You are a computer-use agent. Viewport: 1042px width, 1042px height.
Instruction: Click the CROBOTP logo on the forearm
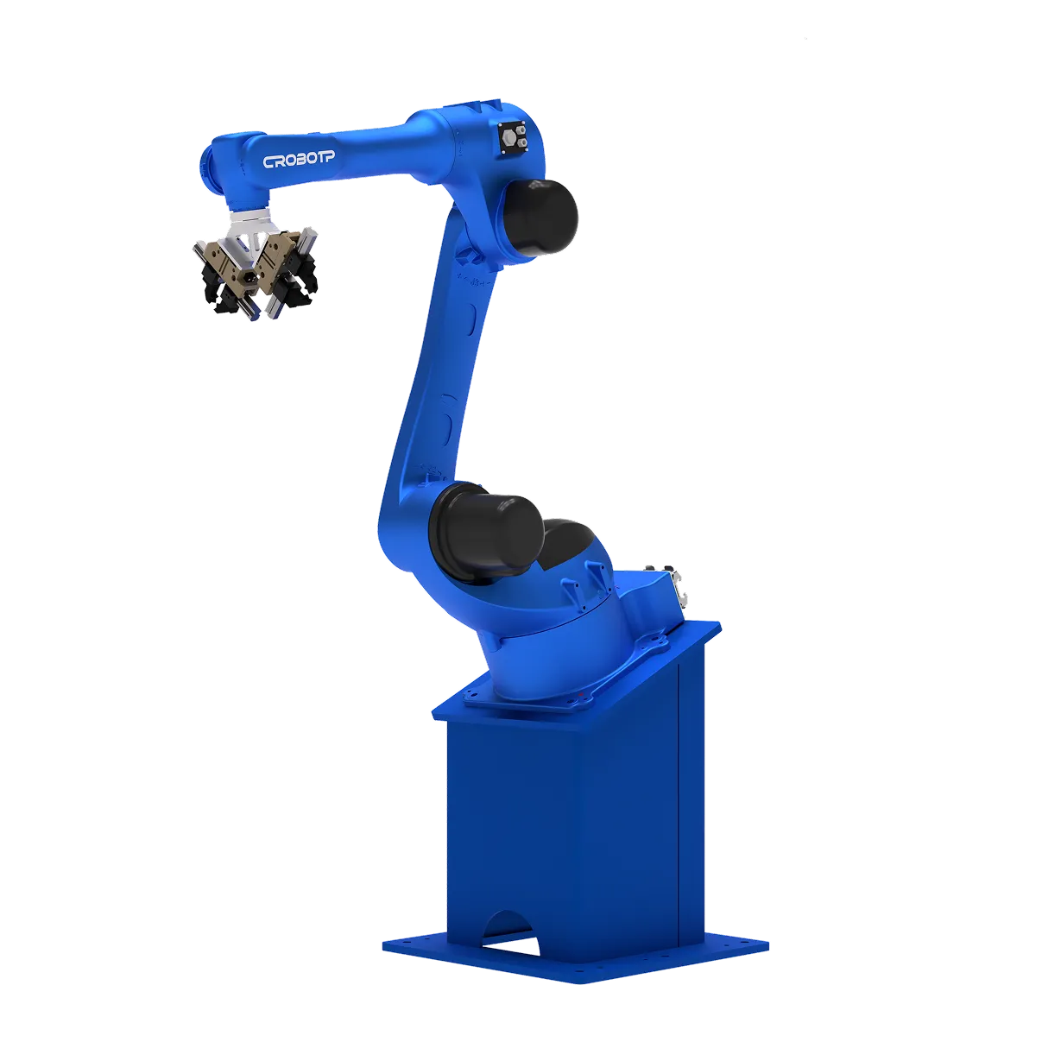(299, 160)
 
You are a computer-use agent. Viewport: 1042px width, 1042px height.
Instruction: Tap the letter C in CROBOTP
(268, 162)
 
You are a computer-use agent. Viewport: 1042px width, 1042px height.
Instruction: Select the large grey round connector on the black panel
(508, 138)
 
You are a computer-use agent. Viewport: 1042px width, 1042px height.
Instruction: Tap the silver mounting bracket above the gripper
(249, 230)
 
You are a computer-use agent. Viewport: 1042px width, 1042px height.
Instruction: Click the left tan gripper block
(223, 265)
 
